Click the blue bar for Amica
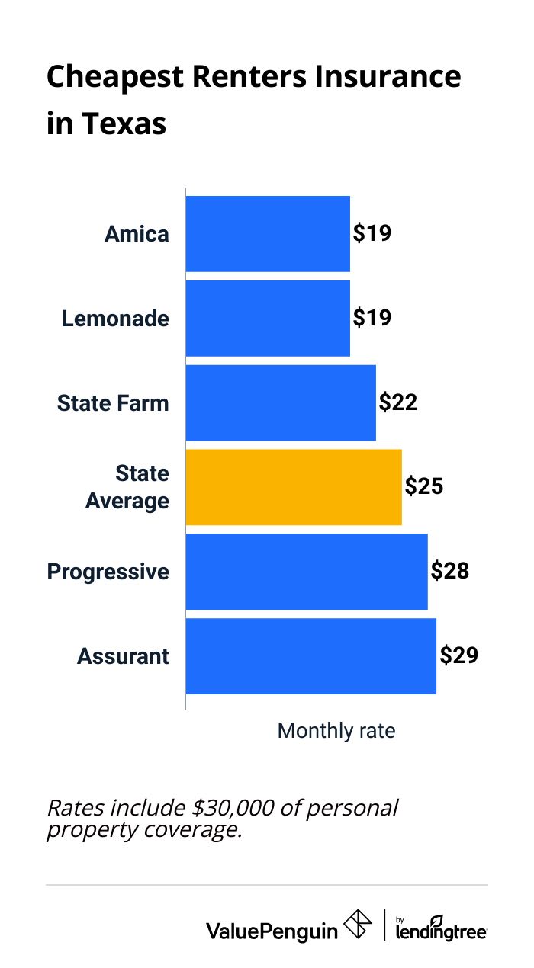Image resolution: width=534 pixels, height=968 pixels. (x=268, y=233)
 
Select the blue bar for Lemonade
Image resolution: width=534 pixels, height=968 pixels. (x=268, y=318)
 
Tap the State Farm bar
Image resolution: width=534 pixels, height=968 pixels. (x=281, y=402)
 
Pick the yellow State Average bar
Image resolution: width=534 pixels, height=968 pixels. (x=294, y=487)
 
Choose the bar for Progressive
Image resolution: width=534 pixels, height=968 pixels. (x=307, y=572)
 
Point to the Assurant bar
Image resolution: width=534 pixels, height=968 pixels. (x=311, y=656)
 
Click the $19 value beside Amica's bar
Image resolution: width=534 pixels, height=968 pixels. (x=372, y=233)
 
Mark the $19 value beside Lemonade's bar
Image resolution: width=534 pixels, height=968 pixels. (x=372, y=318)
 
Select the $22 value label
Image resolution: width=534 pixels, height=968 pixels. (x=397, y=402)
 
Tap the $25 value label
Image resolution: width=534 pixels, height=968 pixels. (x=423, y=487)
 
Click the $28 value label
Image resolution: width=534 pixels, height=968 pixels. (x=449, y=572)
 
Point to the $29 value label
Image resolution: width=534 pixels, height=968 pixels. (x=458, y=656)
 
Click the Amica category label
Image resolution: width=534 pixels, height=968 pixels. (x=137, y=234)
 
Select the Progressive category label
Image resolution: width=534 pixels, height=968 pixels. (x=108, y=572)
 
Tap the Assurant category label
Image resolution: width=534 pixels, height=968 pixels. (x=123, y=656)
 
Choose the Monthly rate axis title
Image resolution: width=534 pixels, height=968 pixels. (x=336, y=731)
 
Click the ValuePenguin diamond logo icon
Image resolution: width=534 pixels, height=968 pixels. (x=359, y=924)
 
